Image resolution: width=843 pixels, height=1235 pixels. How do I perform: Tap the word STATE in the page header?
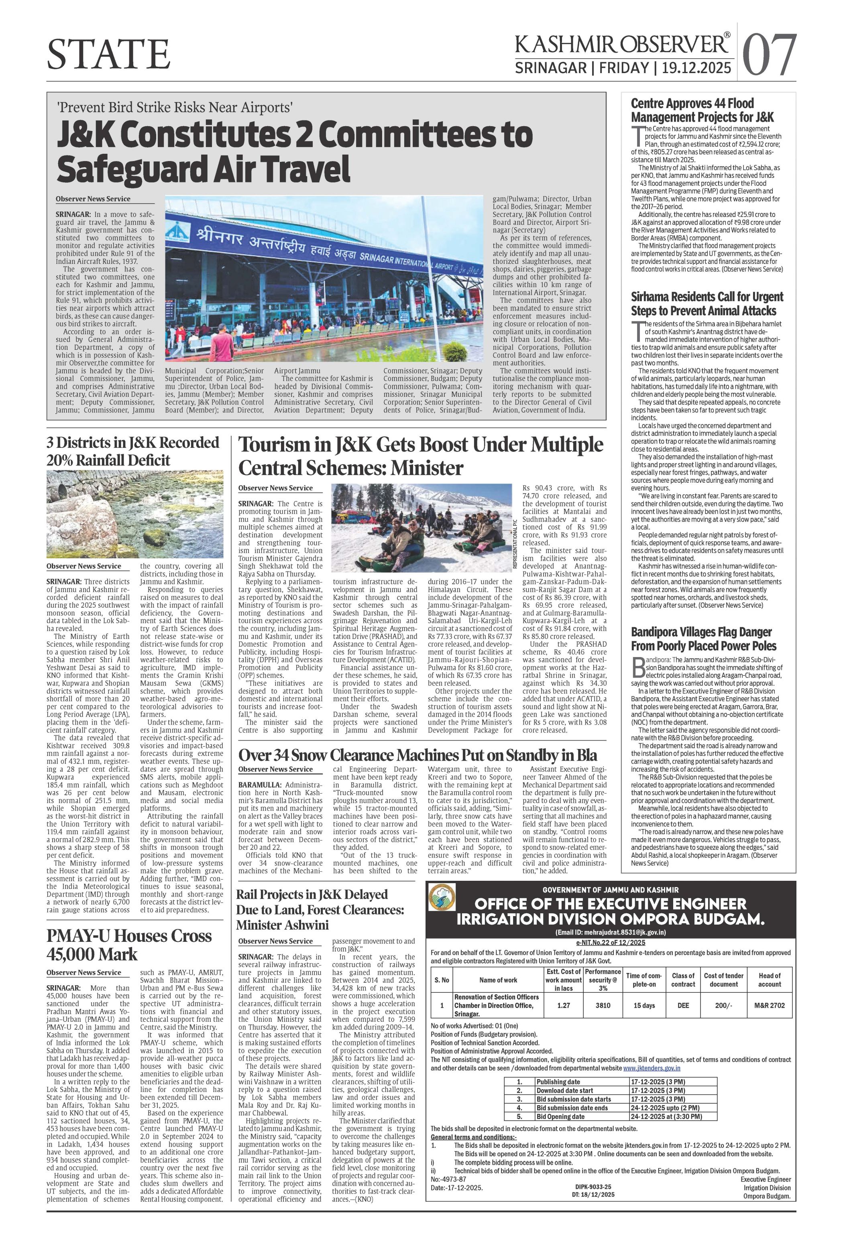108,55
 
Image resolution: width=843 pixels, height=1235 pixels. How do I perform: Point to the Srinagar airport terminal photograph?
324,280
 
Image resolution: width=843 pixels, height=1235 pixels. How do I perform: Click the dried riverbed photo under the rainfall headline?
135,514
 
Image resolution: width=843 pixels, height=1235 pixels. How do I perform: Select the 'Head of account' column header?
769,980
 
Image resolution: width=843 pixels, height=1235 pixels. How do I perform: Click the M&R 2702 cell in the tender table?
769,1005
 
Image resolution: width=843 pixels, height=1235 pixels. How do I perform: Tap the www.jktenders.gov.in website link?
651,1053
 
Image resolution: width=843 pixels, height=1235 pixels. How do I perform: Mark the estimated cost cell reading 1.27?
564,1005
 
